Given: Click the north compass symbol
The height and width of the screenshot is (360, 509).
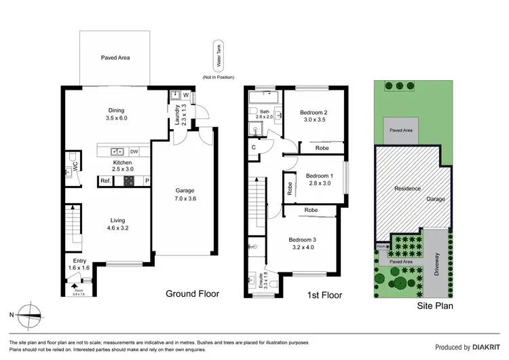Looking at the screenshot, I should [x=31, y=314].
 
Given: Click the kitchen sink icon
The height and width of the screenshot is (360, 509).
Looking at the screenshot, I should [x=117, y=151].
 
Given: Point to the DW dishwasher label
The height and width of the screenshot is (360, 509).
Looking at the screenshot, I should [x=134, y=151].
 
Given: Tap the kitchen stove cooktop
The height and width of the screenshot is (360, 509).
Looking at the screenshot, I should [x=129, y=181].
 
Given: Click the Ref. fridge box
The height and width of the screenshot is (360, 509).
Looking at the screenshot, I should [x=106, y=181].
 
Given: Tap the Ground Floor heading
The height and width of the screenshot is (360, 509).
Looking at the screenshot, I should [x=193, y=293].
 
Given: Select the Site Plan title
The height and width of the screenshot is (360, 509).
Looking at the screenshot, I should [x=435, y=306].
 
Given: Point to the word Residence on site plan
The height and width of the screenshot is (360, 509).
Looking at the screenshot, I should [x=408, y=188].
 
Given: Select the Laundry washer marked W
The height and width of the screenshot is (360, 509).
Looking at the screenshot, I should [x=185, y=96].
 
